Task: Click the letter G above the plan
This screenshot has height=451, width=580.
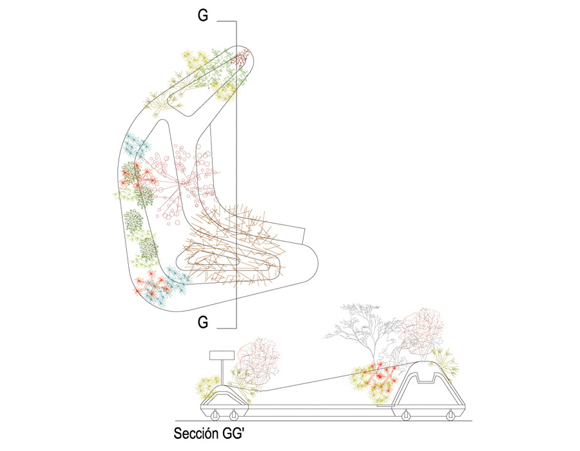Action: click(202, 16)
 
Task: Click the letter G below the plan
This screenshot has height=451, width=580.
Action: click(202, 323)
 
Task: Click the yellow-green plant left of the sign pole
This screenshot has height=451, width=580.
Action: click(207, 387)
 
